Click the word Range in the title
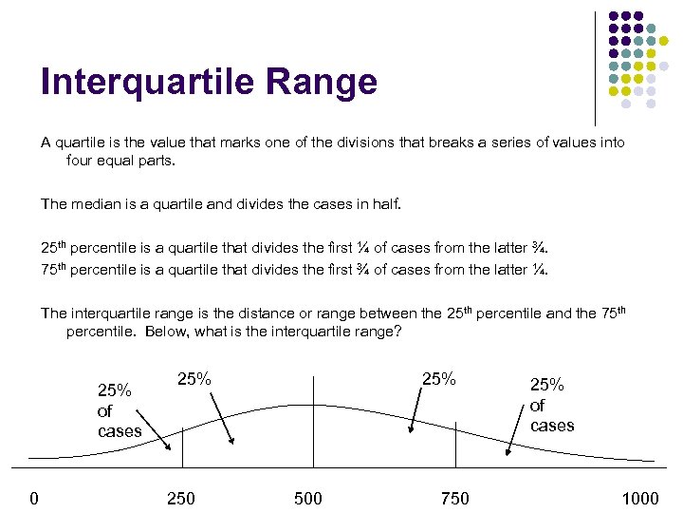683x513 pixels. [x=326, y=83]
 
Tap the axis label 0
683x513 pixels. [x=33, y=499]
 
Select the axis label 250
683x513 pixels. [x=180, y=499]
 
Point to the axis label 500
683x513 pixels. [x=308, y=499]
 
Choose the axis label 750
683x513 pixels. [x=455, y=499]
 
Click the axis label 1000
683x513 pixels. [x=639, y=499]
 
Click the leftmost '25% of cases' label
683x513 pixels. [x=118, y=410]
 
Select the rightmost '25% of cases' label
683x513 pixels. [x=551, y=405]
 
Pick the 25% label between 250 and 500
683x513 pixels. [x=194, y=378]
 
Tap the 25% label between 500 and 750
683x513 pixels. [x=437, y=378]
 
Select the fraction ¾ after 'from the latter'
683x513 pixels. [x=542, y=249]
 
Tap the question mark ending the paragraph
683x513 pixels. [x=397, y=332]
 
